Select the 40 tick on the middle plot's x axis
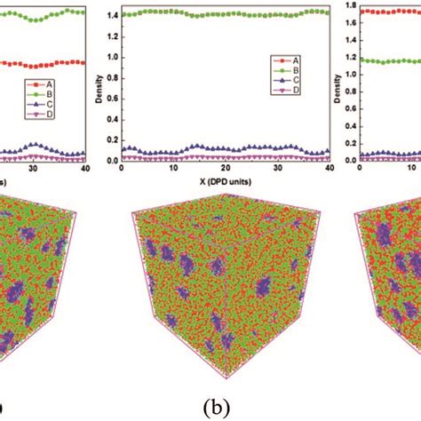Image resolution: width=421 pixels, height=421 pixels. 329,169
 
